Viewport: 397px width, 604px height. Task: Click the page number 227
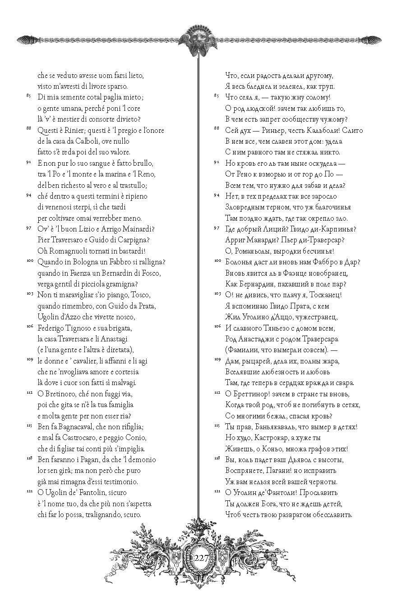click(199, 558)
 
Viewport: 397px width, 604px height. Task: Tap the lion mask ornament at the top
click(199, 41)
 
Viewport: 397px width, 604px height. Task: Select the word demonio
click(142, 459)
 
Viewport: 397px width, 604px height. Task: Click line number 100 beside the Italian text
click(29, 261)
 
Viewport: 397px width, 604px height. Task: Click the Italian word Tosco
click(140, 295)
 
